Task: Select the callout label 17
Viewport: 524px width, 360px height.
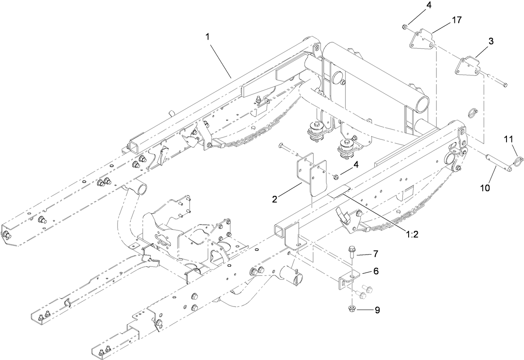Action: point(457,20)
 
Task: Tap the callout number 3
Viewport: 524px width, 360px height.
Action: point(491,41)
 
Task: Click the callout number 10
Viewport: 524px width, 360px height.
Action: point(485,187)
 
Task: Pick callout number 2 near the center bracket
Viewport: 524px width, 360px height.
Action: point(275,199)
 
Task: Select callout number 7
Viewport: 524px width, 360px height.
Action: point(375,253)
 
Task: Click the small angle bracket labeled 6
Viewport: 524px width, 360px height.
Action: point(347,279)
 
